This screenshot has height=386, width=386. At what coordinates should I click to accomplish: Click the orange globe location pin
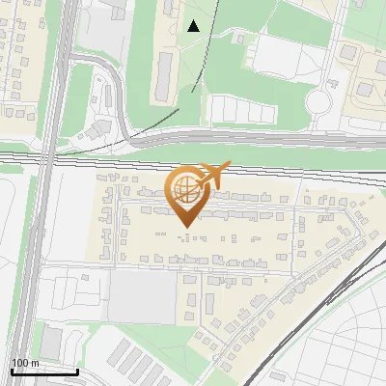click(x=185, y=192)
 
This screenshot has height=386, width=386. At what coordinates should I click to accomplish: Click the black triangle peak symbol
click(x=194, y=26)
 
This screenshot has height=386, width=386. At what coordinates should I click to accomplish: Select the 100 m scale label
click(x=24, y=363)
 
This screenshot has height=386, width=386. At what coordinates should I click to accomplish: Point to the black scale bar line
click(x=44, y=372)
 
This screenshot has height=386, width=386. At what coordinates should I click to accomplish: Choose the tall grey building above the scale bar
click(x=50, y=341)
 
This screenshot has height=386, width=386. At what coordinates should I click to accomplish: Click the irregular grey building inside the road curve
click(x=99, y=128)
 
